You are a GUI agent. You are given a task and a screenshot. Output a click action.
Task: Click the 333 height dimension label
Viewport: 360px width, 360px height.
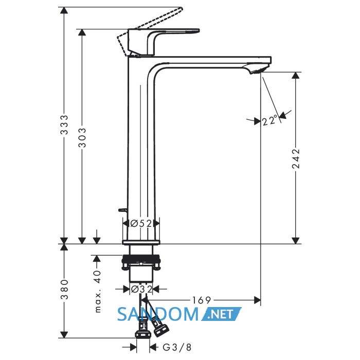click(x=65, y=124)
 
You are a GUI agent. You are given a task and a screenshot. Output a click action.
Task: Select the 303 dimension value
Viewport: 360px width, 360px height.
click(x=82, y=137)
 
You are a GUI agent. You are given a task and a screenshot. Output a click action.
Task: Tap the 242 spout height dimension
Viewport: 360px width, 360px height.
click(x=296, y=159)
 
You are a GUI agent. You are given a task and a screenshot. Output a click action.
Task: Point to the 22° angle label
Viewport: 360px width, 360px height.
click(x=271, y=120)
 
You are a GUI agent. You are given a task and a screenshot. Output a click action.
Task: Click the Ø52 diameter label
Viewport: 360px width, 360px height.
click(x=141, y=223)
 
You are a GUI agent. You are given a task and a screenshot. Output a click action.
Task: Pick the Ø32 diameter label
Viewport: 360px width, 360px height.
click(x=141, y=289)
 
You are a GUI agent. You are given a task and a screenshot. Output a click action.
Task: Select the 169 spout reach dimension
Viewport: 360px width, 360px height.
click(x=202, y=300)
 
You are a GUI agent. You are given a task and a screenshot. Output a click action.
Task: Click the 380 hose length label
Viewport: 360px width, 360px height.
click(x=65, y=289)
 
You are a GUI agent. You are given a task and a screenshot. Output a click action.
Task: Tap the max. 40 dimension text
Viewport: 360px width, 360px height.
click(x=98, y=292)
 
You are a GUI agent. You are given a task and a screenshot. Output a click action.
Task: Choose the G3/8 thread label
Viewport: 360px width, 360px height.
click(x=177, y=347)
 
